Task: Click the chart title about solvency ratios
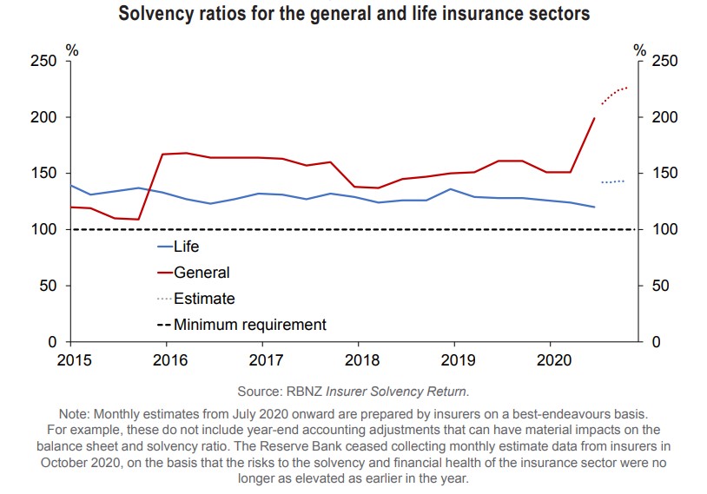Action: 353,14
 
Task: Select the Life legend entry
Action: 186,247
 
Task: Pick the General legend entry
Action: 202,273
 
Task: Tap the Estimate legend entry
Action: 204,299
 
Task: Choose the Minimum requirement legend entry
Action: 250,325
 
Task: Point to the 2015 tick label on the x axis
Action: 69,359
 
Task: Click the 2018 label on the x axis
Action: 360,359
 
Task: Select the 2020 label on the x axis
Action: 553,359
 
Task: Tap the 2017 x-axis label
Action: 262,359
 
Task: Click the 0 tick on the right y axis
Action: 656,342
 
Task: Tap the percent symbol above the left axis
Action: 74,49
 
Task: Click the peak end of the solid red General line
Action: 594,118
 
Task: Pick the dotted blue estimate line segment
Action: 612,181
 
